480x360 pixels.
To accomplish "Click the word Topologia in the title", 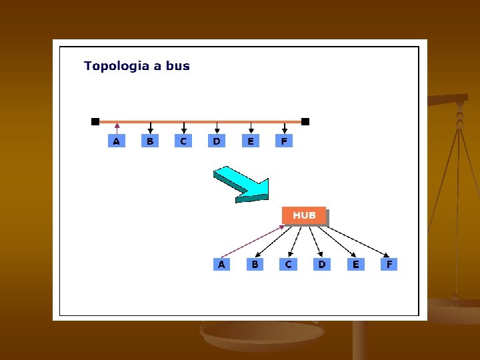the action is pos(112,66).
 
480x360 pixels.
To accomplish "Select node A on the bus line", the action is pos(117,141).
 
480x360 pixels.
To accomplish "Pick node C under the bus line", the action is pos(183,141).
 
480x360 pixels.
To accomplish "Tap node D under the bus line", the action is pos(217,141).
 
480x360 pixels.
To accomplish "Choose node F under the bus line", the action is pos(284,141).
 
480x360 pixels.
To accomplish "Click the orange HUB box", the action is pos(304,215).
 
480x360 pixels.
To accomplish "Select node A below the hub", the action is pos(221,264).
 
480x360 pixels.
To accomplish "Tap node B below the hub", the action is pos(255,264).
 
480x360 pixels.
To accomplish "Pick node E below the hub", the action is pos(355,264).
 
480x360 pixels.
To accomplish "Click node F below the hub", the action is pos(389,264).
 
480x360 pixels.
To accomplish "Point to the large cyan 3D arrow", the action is pos(241,184).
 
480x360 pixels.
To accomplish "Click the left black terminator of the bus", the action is pos(95,121).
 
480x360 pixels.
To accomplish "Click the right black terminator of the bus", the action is pos(305,121).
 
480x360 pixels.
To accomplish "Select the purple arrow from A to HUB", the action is pos(252,241).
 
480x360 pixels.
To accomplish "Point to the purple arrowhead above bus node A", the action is pos(117,125).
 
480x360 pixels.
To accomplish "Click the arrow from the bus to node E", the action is pos(251,128).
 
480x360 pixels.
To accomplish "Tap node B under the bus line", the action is pos(150,141).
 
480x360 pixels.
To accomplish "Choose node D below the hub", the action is pos(322,264).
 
